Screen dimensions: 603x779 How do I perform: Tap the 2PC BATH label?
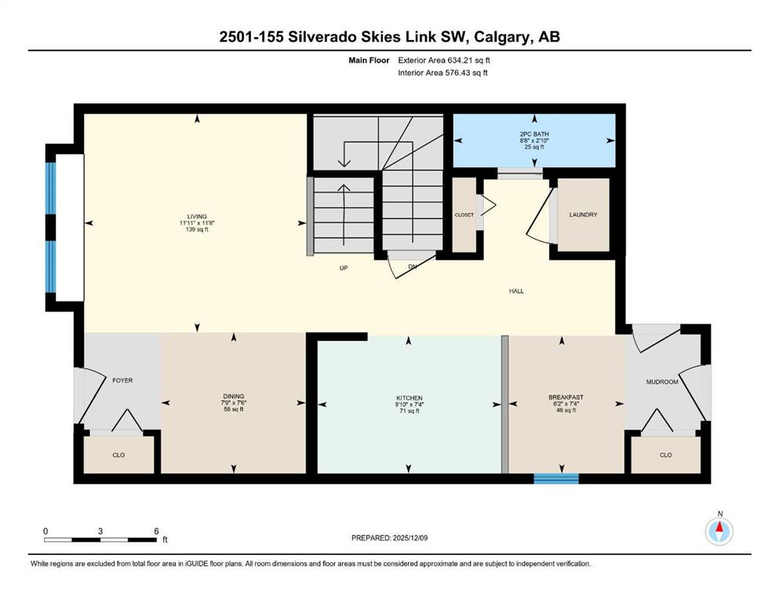coord(534,134)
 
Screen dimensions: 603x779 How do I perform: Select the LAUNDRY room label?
coord(584,215)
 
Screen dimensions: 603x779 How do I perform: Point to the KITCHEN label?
coord(409,398)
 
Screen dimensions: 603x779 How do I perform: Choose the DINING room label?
coord(233,397)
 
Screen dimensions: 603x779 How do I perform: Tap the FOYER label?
coord(122,381)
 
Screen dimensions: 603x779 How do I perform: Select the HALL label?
coord(515,291)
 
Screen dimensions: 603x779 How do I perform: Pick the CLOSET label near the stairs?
coord(464,215)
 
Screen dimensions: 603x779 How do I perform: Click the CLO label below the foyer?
coord(118,455)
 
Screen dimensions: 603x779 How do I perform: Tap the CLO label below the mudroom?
coord(665,455)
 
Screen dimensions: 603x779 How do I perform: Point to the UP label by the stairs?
coord(343,269)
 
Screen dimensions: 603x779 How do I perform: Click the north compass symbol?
coord(719,531)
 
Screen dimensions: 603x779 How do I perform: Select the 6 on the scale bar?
coord(157,531)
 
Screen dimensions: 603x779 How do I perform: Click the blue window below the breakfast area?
coord(555,477)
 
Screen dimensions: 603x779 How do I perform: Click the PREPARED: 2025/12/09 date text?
coord(390,538)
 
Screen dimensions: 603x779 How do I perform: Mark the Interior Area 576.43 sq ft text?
coord(443,73)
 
